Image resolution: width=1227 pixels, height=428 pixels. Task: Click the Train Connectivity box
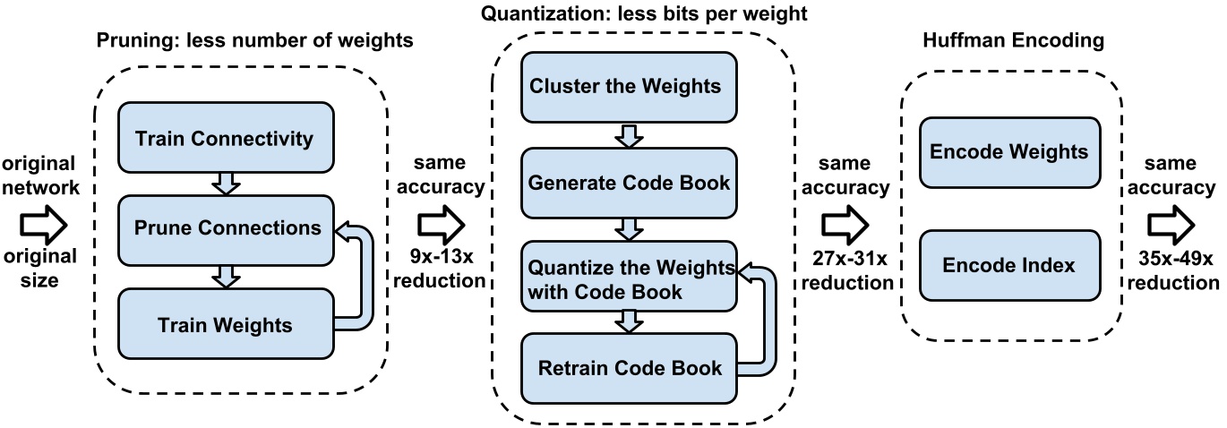tap(225, 138)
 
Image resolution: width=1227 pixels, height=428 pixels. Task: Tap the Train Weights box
tap(225, 324)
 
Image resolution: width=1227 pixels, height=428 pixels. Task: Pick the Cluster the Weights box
tap(630, 86)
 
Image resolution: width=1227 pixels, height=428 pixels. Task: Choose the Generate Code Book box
tap(630, 183)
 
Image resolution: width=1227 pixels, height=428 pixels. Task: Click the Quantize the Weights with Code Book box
tap(630, 278)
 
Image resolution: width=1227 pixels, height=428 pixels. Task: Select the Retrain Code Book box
tap(630, 367)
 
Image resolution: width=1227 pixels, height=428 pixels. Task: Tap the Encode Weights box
tap(1009, 151)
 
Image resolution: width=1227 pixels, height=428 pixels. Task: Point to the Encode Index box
tap(1009, 265)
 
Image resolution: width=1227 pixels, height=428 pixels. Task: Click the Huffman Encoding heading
tap(1008, 41)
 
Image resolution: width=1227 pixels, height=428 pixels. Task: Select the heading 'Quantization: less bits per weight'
tap(645, 13)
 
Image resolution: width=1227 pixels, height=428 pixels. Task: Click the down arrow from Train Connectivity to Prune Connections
tap(226, 183)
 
